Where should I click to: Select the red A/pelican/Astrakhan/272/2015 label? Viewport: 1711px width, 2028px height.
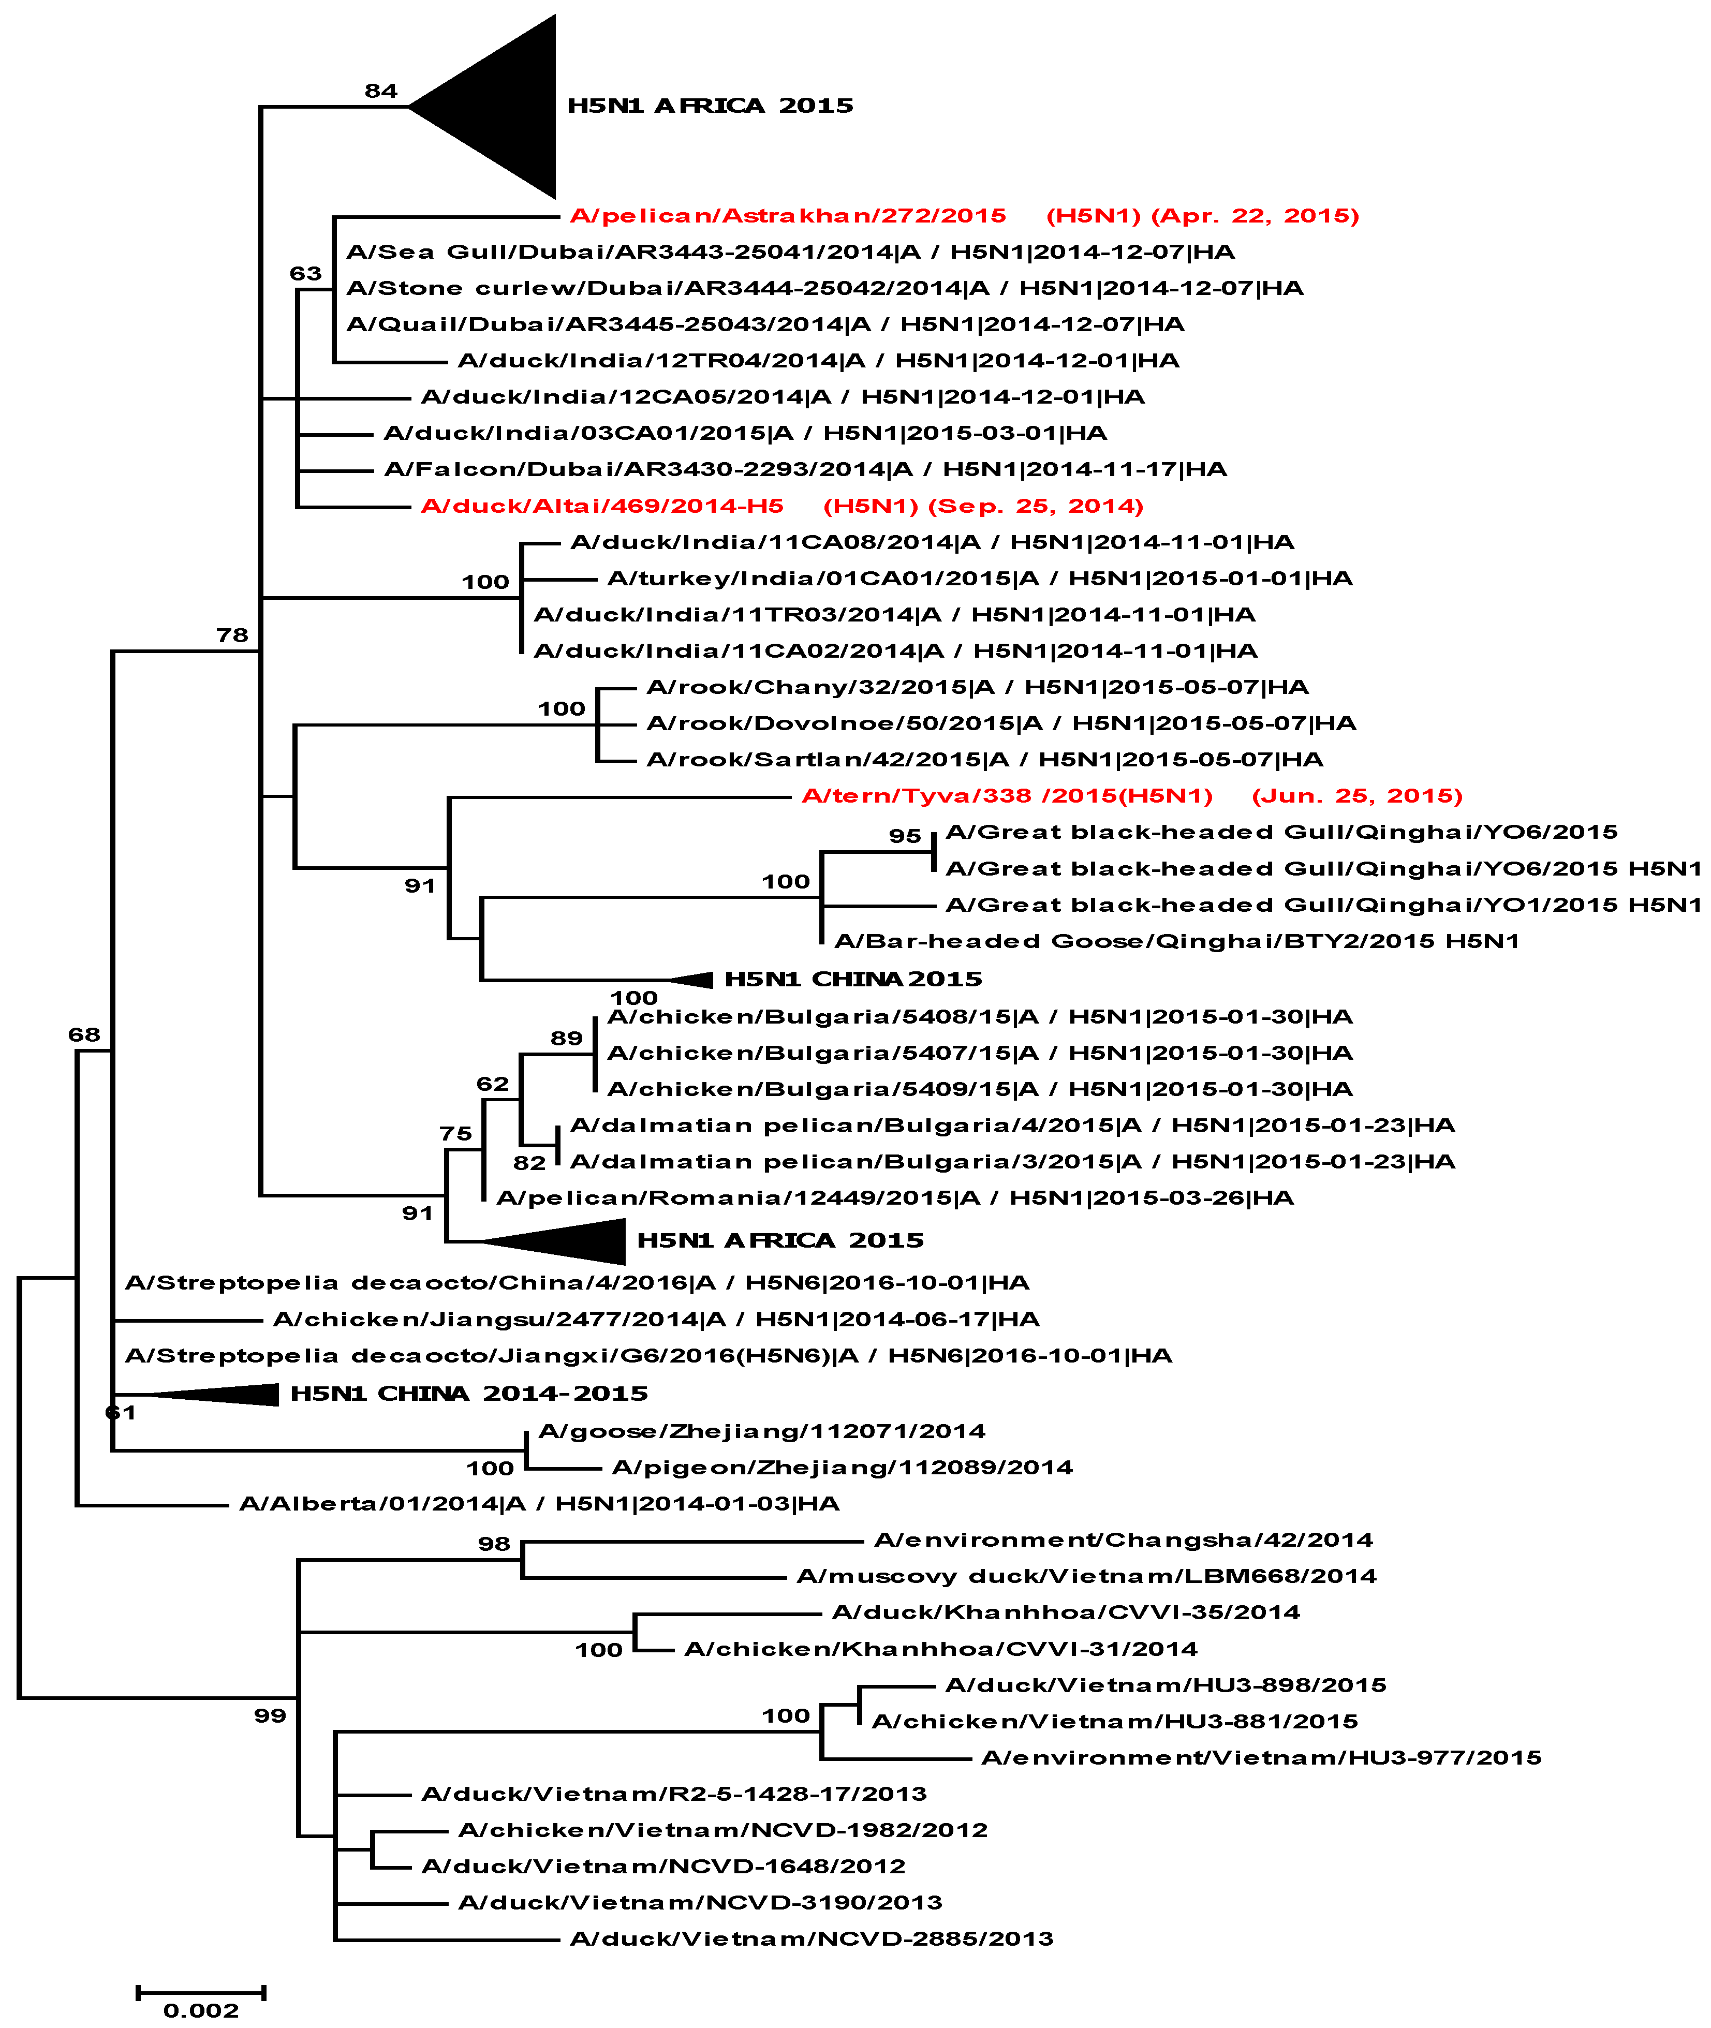(x=788, y=215)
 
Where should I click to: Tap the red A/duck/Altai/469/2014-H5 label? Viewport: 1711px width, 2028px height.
(x=601, y=505)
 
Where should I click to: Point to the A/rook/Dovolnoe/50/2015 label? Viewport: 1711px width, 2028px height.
(x=1001, y=722)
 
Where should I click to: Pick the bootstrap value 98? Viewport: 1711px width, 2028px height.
(x=494, y=1543)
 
